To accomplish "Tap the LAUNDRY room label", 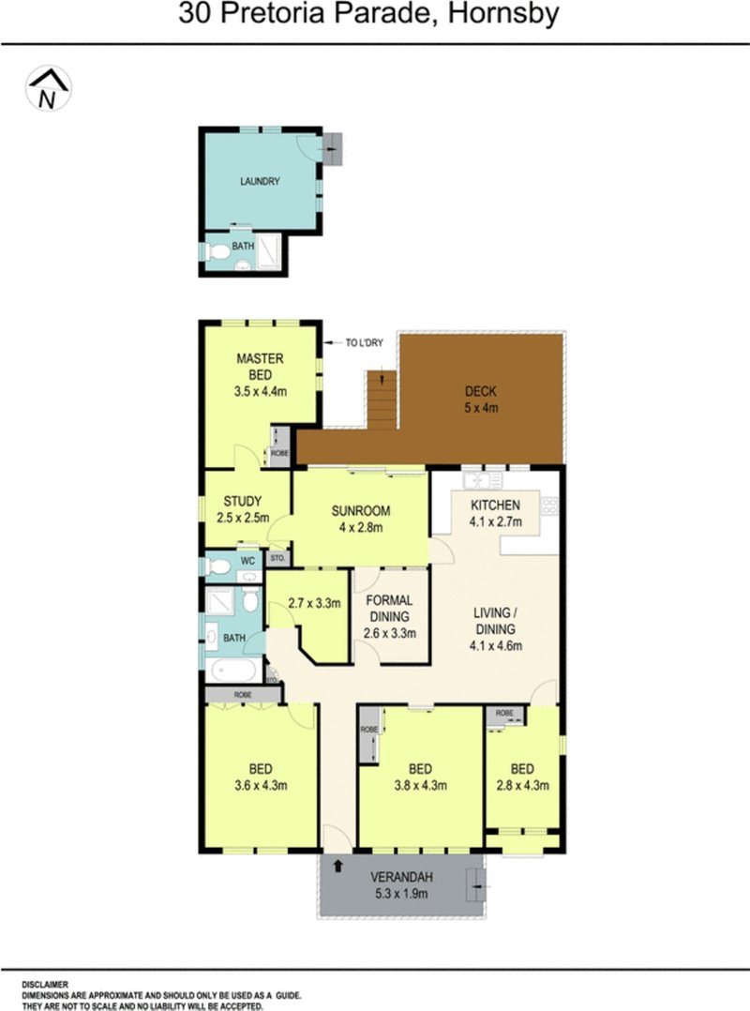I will click(260, 182).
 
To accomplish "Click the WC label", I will click(248, 561).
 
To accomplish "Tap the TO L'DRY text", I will click(365, 343).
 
